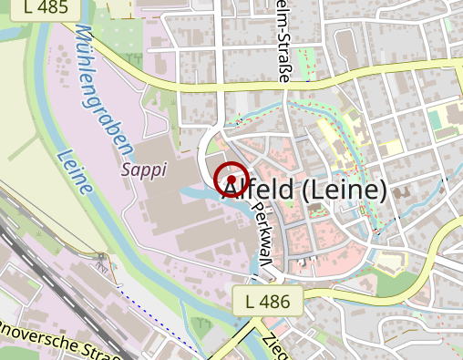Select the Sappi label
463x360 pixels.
(139, 170)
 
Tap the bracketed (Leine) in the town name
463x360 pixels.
(343, 190)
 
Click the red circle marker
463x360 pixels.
(231, 178)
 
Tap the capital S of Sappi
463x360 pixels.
(126, 170)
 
